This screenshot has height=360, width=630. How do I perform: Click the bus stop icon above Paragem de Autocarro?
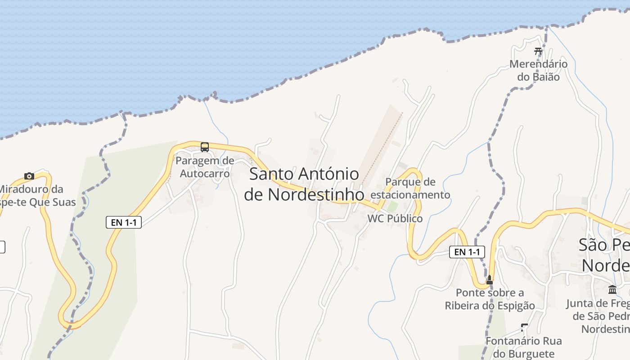pos(205,147)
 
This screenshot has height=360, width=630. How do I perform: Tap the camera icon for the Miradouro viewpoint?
pos(29,176)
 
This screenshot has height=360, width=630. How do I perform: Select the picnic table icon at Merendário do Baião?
pos(538,51)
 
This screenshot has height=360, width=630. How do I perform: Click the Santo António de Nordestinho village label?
pos(304,184)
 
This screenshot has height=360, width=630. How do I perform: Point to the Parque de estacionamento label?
pos(410,189)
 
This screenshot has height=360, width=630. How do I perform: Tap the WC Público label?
pos(395,219)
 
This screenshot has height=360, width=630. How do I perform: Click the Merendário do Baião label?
pos(538,70)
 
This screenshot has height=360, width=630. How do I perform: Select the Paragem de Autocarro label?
pos(205,167)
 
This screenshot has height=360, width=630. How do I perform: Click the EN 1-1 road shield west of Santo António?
pos(124,222)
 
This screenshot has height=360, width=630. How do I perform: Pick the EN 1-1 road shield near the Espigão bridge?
pos(467,252)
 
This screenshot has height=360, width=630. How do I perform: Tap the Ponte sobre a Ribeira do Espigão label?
pos(490,299)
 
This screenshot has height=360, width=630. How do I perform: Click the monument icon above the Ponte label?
pos(490,280)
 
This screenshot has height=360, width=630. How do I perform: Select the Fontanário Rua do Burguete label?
pos(524,347)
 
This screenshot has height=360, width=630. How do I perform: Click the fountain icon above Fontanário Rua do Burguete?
pos(524,327)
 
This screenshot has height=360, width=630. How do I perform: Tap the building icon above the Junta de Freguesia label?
pos(612,289)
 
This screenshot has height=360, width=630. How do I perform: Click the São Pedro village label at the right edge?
pos(604,255)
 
